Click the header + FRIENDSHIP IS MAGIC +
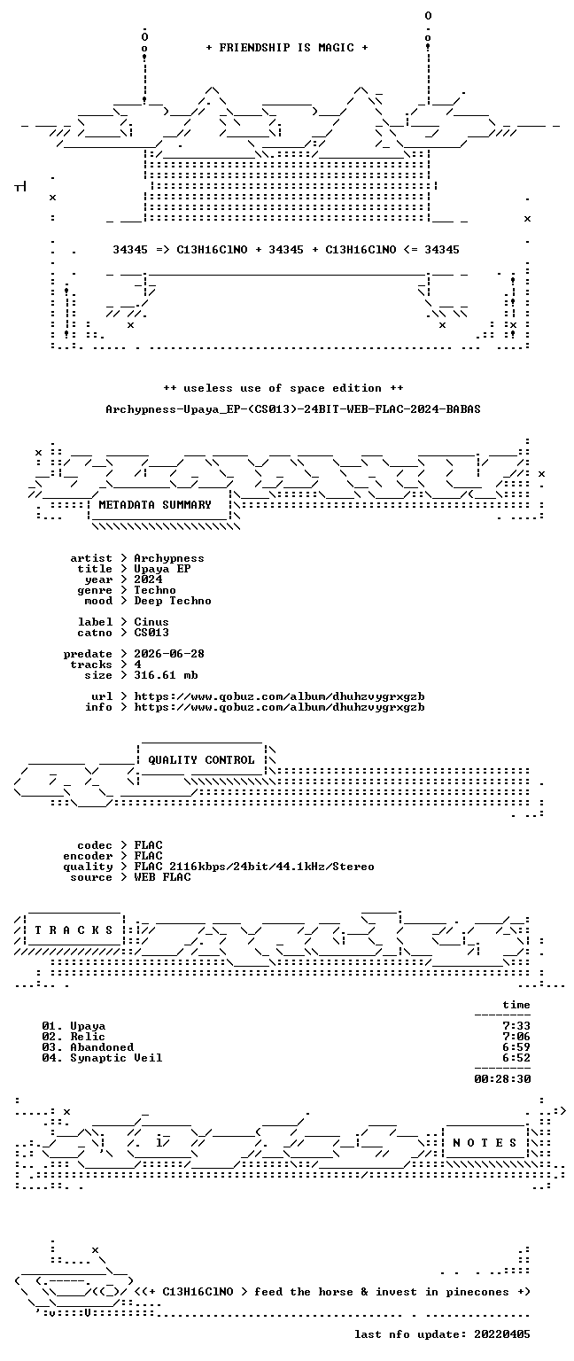pyautogui.click(x=287, y=47)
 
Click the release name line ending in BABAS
pyautogui.click(x=293, y=408)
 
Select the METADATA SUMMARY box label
pyautogui.click(x=155, y=504)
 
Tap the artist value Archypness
pyautogui.click(x=169, y=558)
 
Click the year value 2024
pyautogui.click(x=148, y=579)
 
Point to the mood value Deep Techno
pyautogui.click(x=173, y=601)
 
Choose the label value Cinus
pyautogui.click(x=151, y=621)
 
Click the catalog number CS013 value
pyautogui.click(x=151, y=633)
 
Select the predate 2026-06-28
pyautogui.click(x=169, y=654)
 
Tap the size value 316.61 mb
pyautogui.click(x=166, y=675)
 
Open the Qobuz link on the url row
pyautogui.click(x=279, y=696)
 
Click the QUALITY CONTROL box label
pyautogui.click(x=201, y=759)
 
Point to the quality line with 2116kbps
pyautogui.click(x=254, y=867)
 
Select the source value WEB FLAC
pyautogui.click(x=162, y=876)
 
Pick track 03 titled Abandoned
pyautogui.click(x=88, y=1046)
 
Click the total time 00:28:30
pyautogui.click(x=502, y=1078)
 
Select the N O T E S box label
pyautogui.click(x=485, y=1143)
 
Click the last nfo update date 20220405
pyautogui.click(x=502, y=1334)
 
